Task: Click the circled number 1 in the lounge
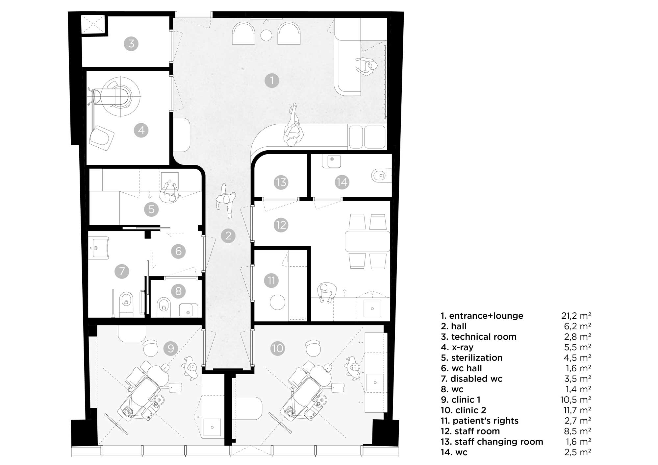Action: (x=272, y=81)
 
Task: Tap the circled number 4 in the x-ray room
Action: (x=141, y=130)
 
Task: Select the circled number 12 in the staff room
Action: (x=281, y=225)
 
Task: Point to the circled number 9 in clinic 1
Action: (x=171, y=348)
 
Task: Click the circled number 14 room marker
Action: (x=342, y=182)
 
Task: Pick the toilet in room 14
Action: (x=381, y=176)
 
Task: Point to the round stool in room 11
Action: (x=278, y=302)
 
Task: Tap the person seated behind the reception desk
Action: (x=366, y=67)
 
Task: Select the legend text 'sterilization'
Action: (x=477, y=357)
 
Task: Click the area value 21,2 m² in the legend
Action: (x=576, y=316)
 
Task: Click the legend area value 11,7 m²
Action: (x=576, y=410)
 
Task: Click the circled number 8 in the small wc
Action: (x=178, y=291)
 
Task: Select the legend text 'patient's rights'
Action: (x=485, y=421)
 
